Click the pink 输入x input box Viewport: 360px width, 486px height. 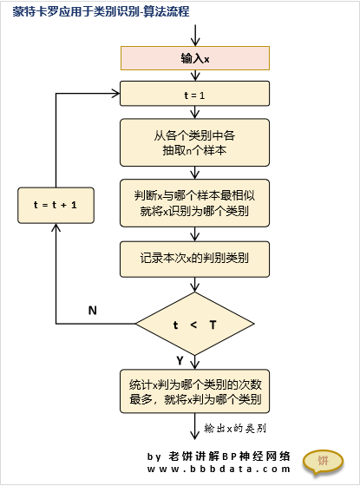pos(195,58)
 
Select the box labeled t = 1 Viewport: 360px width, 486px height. pos(194,94)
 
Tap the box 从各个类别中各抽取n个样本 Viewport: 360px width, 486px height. pos(194,142)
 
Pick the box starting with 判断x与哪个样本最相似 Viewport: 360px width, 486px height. pos(194,203)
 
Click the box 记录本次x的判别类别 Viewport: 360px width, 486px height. pos(194,259)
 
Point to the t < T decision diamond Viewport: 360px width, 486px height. pos(195,324)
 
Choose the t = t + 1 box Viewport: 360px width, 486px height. pos(56,205)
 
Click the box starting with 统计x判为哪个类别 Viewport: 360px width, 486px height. pos(194,391)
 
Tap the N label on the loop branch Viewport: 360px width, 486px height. pos(92,311)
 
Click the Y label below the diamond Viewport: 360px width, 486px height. pos(180,361)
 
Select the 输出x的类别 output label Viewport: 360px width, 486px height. pos(235,429)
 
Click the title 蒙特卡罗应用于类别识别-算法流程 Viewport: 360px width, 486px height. pos(101,12)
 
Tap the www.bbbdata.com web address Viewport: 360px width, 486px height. pos(219,470)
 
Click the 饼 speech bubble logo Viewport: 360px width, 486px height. pos(323,462)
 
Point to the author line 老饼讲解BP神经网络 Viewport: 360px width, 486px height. pos(229,456)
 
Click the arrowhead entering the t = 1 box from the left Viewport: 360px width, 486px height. pos(116,94)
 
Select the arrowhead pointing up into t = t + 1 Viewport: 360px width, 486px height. pos(56,227)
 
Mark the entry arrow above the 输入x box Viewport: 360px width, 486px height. pos(195,36)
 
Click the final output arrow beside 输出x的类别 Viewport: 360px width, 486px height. pos(194,426)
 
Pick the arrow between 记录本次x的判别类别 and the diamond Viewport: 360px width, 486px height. pos(194,285)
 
